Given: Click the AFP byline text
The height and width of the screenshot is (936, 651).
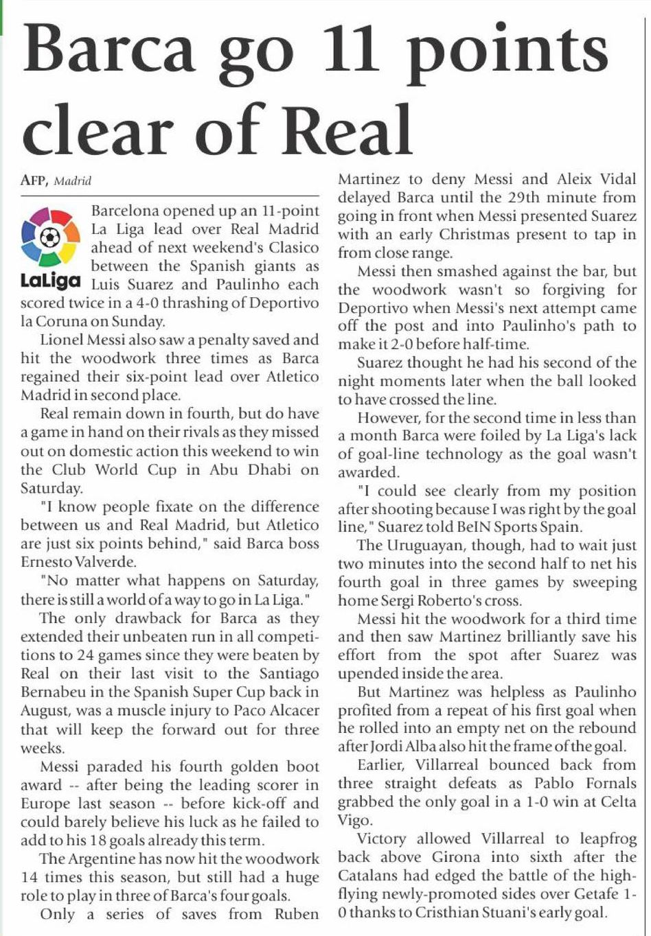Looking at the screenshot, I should click(x=34, y=181).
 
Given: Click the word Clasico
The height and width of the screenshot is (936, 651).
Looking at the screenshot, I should click(x=293, y=248).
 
